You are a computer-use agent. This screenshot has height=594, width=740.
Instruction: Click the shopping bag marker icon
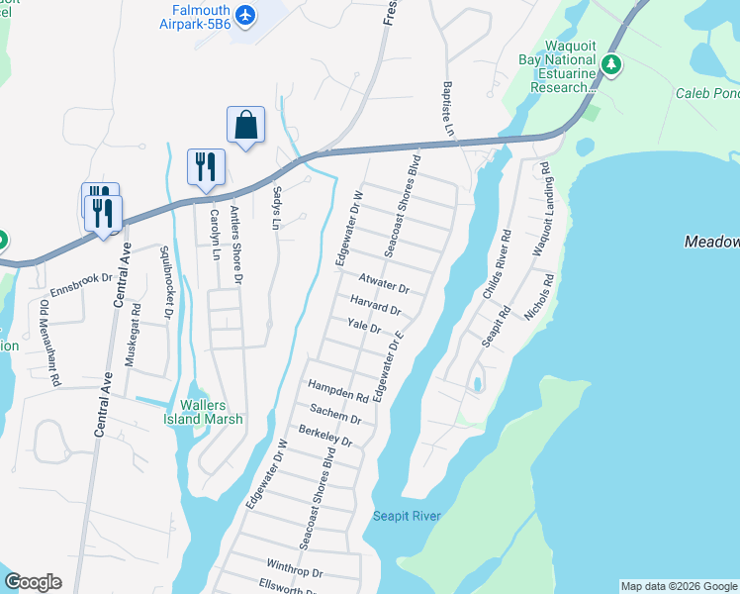pos(245,126)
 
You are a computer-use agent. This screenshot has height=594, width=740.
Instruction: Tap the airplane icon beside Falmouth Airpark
pos(245,16)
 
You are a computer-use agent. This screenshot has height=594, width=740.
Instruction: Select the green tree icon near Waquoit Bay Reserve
pos(612,66)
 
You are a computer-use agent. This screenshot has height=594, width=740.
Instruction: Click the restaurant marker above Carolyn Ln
pos(206,166)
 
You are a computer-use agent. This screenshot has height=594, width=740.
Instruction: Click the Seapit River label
pos(407,516)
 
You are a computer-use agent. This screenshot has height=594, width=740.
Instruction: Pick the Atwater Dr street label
pos(384,284)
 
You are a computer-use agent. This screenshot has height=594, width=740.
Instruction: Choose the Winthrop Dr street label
pos(294,572)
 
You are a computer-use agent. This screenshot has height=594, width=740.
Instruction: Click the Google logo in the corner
pos(33,582)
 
